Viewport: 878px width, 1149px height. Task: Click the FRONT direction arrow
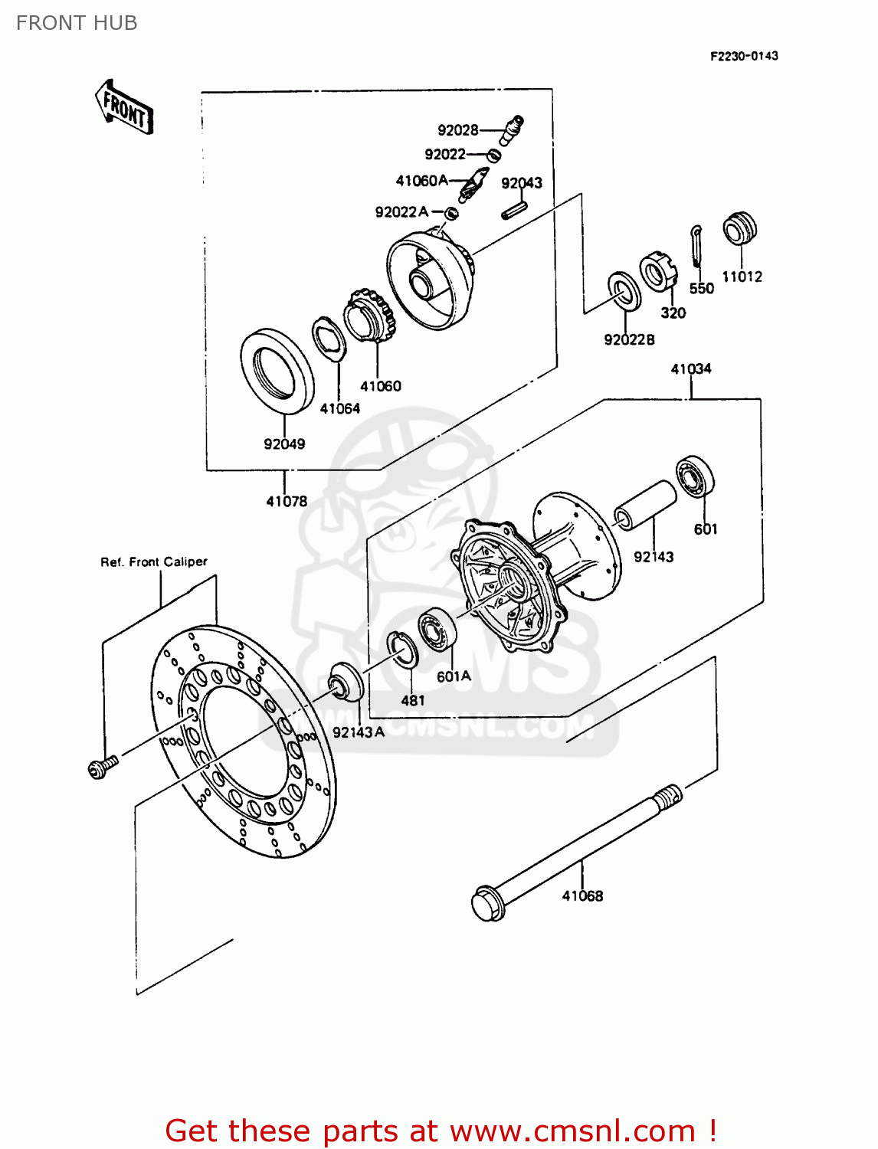click(x=124, y=108)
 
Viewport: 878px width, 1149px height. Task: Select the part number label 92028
click(x=458, y=129)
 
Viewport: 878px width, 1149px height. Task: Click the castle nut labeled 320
click(x=659, y=270)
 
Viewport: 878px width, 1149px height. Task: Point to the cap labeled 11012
click(x=740, y=228)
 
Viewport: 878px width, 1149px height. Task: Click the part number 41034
click(x=691, y=369)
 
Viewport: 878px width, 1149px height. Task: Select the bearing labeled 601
click(x=696, y=477)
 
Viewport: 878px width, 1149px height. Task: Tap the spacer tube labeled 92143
click(x=645, y=505)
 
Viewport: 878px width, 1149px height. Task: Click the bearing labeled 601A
click(x=437, y=630)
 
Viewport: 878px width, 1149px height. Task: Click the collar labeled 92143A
click(x=346, y=681)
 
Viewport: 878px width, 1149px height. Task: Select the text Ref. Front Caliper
click(x=154, y=561)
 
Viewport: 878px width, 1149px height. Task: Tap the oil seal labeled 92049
click(x=277, y=372)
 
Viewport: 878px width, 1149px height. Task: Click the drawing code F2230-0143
click(x=744, y=56)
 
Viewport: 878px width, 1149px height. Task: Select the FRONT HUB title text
click(x=77, y=23)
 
